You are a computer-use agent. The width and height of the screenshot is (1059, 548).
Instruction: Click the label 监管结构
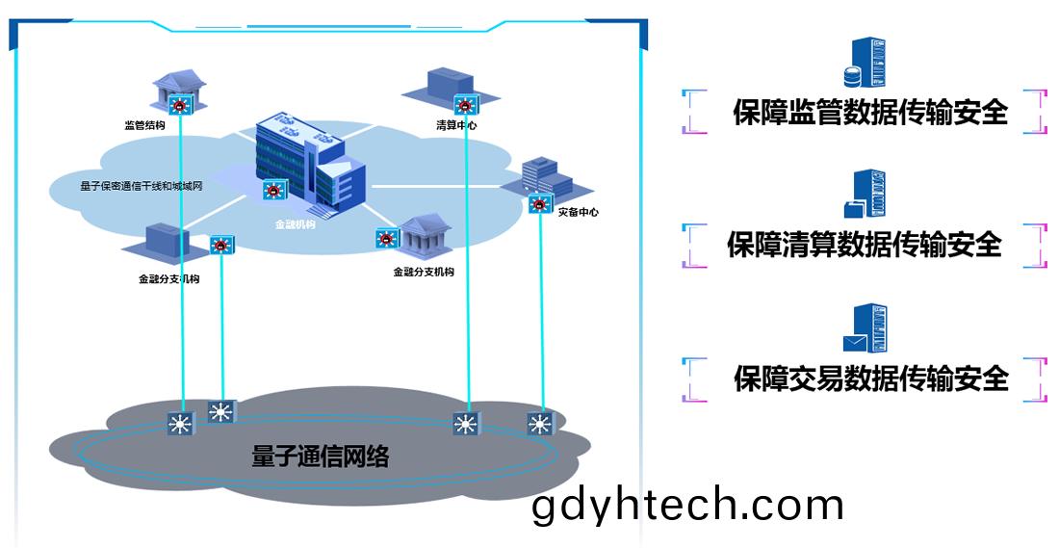(144, 125)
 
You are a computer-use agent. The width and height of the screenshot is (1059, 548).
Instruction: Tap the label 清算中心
(456, 125)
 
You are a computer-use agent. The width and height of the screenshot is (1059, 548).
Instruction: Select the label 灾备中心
(579, 212)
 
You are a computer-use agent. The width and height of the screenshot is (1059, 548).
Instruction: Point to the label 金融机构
(296, 225)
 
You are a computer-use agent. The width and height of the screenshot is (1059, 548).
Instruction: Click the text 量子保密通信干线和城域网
(142, 186)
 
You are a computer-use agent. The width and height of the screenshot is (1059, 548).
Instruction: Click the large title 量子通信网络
(321, 457)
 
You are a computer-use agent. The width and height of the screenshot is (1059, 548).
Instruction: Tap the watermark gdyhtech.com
(687, 506)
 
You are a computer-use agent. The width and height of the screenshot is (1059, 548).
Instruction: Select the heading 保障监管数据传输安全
(870, 112)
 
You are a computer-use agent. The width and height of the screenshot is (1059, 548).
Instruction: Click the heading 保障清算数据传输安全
(864, 244)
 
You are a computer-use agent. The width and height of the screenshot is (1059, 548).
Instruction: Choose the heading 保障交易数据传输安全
(871, 378)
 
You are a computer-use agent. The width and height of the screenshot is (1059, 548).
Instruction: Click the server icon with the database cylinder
(865, 63)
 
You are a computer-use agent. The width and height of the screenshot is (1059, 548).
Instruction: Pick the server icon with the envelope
(865, 328)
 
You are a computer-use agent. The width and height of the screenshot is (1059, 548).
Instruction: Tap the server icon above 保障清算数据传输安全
(865, 195)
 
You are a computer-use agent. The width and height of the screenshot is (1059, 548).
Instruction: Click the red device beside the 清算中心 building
(465, 105)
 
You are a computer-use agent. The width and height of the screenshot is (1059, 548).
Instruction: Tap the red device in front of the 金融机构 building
(272, 191)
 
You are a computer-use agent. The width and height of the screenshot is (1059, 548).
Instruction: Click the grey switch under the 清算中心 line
(466, 424)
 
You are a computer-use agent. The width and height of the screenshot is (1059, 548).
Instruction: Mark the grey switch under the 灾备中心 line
(540, 424)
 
